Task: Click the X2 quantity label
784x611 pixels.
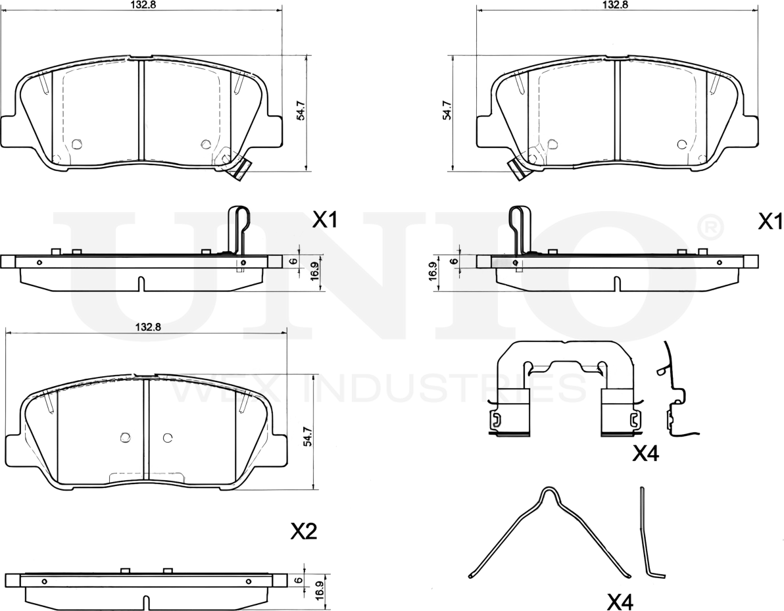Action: [x=304, y=531]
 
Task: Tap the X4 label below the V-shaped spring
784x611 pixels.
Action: [x=620, y=602]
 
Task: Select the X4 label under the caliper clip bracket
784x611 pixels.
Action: [x=646, y=454]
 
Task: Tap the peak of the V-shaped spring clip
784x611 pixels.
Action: [x=549, y=489]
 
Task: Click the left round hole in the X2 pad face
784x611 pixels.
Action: [x=125, y=437]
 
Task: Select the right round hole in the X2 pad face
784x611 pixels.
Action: [x=168, y=437]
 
